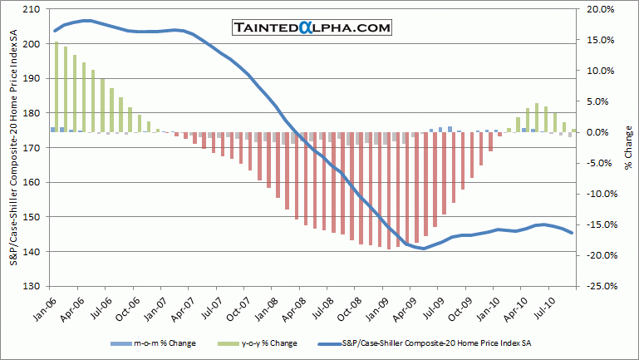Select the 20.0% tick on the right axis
(602, 9)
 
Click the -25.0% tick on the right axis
(601, 286)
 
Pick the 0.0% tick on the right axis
(603, 132)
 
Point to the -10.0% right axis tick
(601, 194)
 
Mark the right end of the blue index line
(573, 233)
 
